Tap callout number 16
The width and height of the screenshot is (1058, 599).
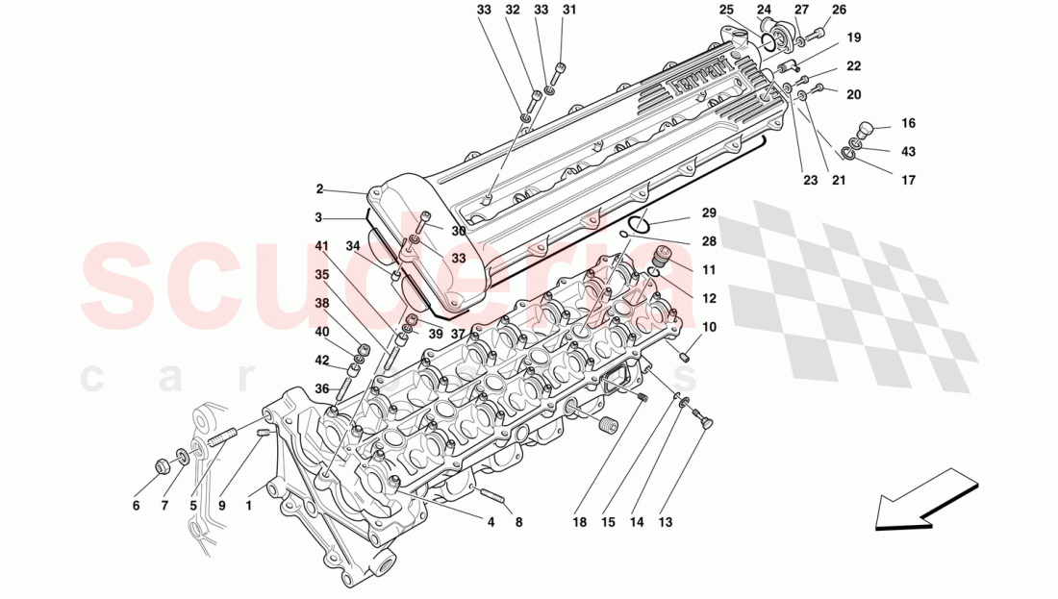[x=908, y=124]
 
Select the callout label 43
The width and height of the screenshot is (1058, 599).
[x=908, y=152]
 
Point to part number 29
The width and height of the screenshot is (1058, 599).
[x=709, y=212]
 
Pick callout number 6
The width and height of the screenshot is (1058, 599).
[x=136, y=506]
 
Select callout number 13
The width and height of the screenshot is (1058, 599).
[x=666, y=523]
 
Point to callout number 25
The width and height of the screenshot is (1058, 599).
[x=726, y=11]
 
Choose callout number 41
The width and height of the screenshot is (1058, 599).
[x=321, y=246]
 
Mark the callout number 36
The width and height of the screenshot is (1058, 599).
[x=321, y=388]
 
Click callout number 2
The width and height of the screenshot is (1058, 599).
[x=319, y=189]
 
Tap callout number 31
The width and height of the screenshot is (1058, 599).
[x=569, y=11]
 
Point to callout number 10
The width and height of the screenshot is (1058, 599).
[x=709, y=328]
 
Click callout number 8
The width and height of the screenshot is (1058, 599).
[x=518, y=523]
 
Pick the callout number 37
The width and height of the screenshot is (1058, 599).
[x=459, y=334]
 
